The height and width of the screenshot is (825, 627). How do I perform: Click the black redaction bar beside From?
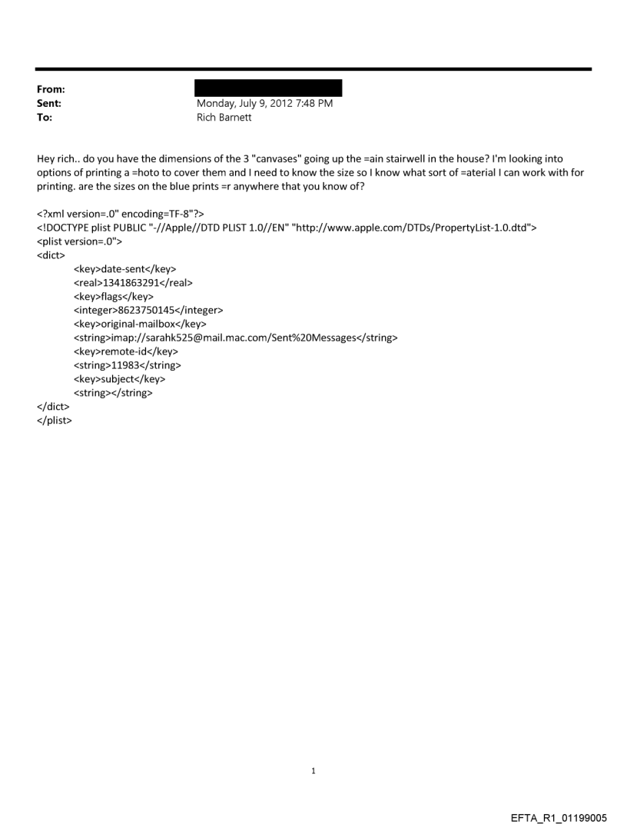(269, 88)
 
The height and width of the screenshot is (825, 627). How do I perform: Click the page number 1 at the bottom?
(313, 770)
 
